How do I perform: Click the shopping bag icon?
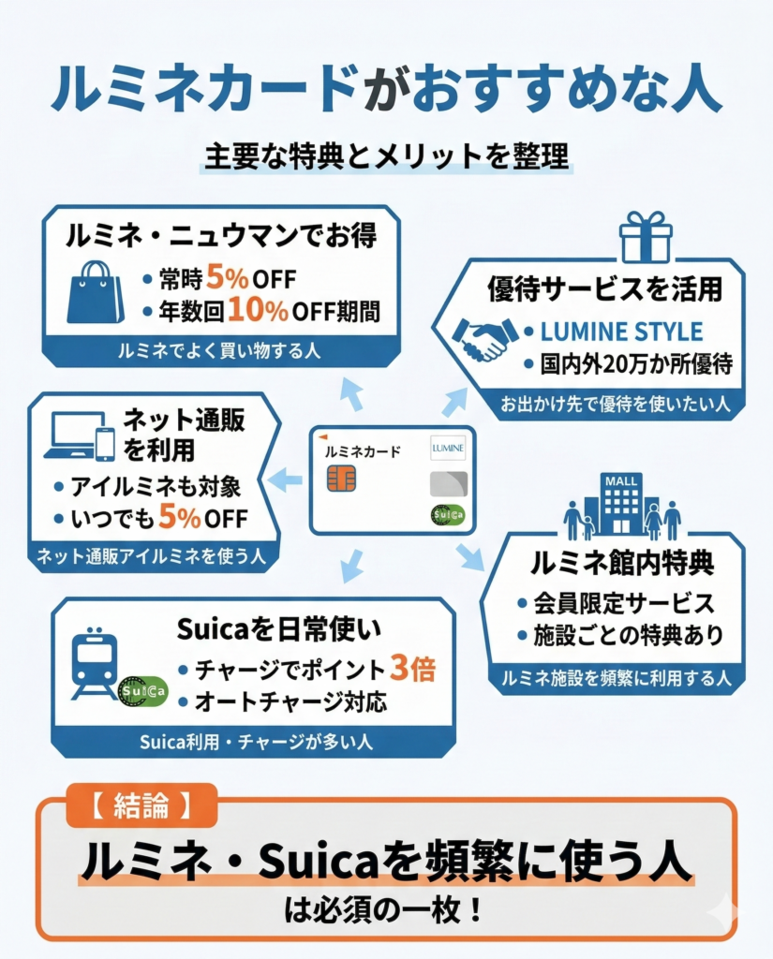(96, 291)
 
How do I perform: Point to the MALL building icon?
(621, 504)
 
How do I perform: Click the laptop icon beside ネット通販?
(69, 436)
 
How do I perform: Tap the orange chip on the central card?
(341, 479)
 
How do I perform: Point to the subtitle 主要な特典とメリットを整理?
(386, 155)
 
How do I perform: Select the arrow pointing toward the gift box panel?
(453, 401)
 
